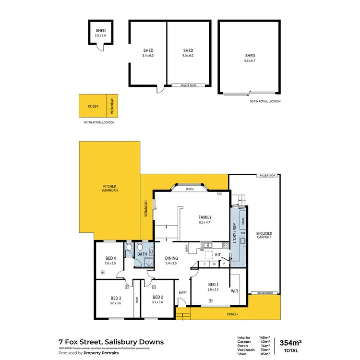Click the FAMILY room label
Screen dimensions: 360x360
point(192,217)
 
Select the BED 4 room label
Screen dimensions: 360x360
point(111,258)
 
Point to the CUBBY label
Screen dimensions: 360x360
point(93,106)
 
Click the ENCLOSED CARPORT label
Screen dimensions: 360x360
point(264,234)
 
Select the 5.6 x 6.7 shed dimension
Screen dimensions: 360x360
point(250,61)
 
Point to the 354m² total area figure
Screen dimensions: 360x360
point(290,342)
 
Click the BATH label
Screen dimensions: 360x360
point(142,254)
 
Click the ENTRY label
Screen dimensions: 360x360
point(182,292)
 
